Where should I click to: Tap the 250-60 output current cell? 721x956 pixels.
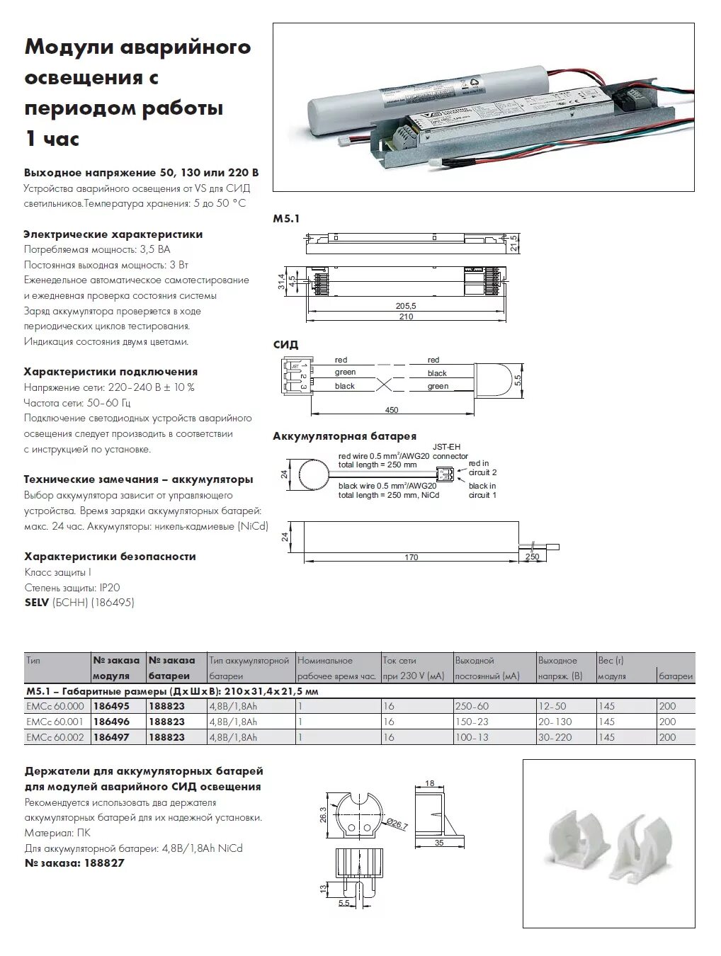pyautogui.click(x=472, y=706)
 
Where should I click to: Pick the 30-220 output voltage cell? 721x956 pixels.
pyautogui.click(x=555, y=737)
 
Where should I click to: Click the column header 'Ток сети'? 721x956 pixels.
pyautogui.click(x=399, y=660)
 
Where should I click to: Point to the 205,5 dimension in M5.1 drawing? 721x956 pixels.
pyautogui.click(x=406, y=306)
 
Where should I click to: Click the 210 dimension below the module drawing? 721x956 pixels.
pyautogui.click(x=406, y=317)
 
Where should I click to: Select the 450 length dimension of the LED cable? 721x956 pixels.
pyautogui.click(x=392, y=410)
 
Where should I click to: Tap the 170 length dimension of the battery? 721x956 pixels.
pyautogui.click(x=411, y=557)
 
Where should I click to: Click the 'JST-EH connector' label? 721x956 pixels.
pyautogui.click(x=450, y=452)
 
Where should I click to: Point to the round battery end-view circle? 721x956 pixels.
pyautogui.click(x=313, y=472)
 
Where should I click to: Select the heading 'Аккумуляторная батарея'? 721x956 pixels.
pyautogui.click(x=344, y=436)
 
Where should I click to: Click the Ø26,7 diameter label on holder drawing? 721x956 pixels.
pyautogui.click(x=397, y=824)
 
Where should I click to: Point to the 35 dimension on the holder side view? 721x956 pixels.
pyautogui.click(x=439, y=843)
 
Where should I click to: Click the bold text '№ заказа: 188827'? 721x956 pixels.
pyautogui.click(x=74, y=863)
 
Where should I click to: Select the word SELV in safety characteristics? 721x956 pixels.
pyautogui.click(x=36, y=603)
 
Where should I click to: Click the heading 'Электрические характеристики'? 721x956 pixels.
pyautogui.click(x=113, y=234)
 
